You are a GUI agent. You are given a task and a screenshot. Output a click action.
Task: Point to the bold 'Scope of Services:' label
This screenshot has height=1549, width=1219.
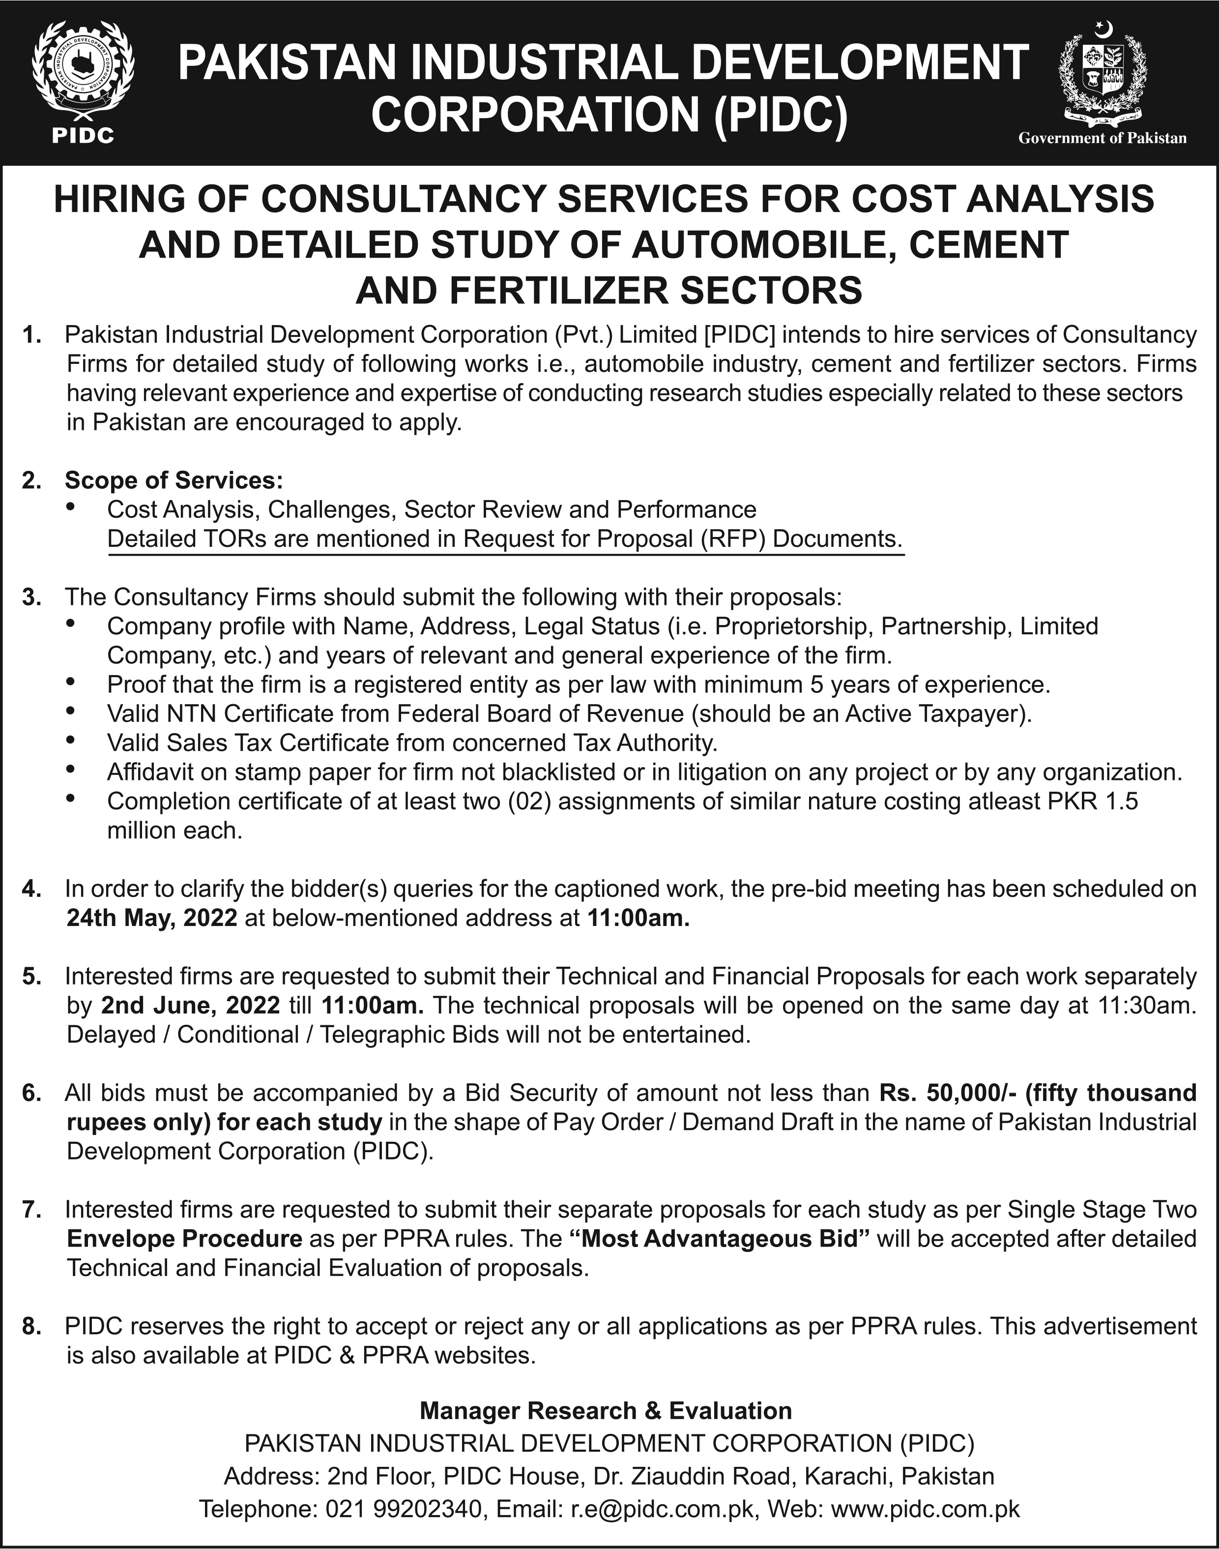pos(174,480)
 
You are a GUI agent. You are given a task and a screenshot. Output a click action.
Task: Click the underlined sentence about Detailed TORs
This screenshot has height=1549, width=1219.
pos(505,538)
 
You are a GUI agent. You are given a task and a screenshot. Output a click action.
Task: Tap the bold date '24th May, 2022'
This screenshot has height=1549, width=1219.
pos(151,917)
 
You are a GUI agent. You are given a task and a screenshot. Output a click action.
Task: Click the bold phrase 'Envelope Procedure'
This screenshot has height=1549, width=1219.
pos(184,1239)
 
